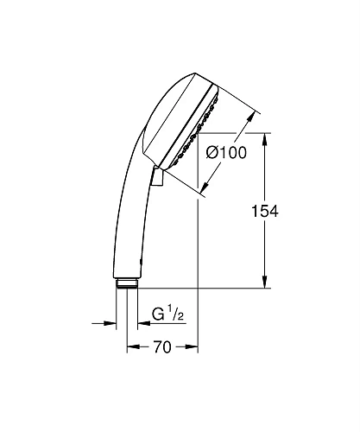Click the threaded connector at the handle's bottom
pyautogui.click(x=125, y=283)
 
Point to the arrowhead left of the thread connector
pyautogui.click(x=111, y=324)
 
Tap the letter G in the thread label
pyautogui.click(x=156, y=313)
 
